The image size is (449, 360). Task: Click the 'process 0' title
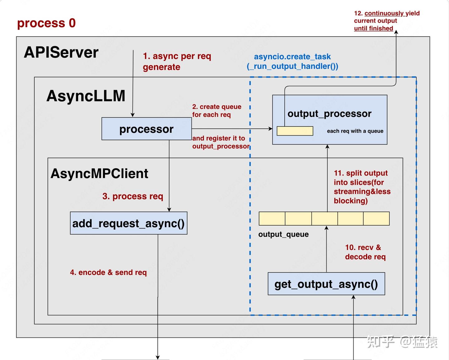pos(46,23)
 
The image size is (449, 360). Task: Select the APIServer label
pos(61,52)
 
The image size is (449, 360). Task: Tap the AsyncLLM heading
pos(86,96)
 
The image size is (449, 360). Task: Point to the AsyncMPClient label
pos(99,174)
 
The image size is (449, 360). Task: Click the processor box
pos(147,129)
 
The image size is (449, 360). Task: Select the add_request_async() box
pos(128,223)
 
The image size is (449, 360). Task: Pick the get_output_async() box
pos(326,284)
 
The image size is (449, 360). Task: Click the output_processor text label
pos(329,114)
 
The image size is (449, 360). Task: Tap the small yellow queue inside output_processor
pos(295,131)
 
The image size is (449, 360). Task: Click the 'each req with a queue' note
pos(355,131)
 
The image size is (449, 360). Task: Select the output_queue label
pos(283,234)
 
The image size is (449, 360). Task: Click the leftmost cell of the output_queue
pos(272,218)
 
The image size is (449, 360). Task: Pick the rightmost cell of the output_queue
pos(376,218)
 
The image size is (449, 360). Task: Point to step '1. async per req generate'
pos(177,61)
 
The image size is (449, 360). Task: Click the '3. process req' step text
pos(133,196)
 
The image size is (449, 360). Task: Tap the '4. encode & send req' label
pos(108,272)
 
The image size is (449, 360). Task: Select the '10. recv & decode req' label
pos(365,252)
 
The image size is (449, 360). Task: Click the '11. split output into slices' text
pos(362,187)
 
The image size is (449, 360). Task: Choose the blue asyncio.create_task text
pos(292,61)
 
